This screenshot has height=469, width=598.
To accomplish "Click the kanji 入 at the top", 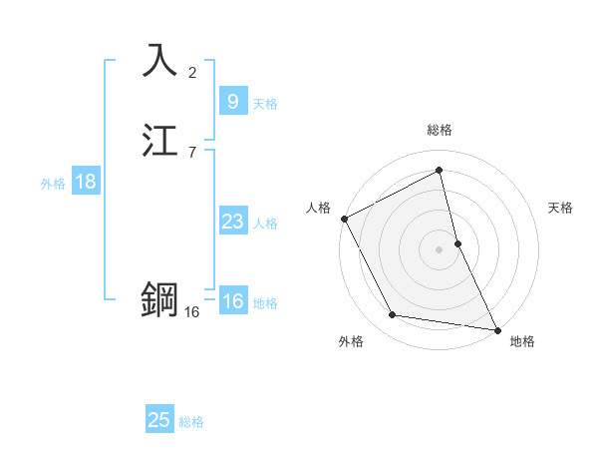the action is (x=159, y=60).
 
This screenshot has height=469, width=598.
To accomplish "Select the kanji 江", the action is (x=159, y=141).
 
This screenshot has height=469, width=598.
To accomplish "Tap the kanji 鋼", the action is (x=159, y=298).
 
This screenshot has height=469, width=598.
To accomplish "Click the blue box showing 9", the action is (x=232, y=101).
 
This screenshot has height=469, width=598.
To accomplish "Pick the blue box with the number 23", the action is (x=232, y=222).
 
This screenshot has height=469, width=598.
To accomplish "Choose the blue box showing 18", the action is (x=85, y=182).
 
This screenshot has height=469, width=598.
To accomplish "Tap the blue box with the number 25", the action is (x=159, y=420).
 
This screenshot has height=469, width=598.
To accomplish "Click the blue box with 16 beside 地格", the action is (x=232, y=302).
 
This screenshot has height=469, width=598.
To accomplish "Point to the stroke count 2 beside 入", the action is (x=192, y=72).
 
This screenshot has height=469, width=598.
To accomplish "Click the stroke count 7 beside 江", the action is (x=192, y=153).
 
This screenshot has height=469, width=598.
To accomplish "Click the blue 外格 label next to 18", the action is (x=52, y=184).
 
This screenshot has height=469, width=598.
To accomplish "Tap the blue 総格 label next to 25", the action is (x=191, y=422).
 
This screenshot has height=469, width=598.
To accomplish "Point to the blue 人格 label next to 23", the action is (x=266, y=224).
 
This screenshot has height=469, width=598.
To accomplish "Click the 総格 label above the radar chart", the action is (x=440, y=130).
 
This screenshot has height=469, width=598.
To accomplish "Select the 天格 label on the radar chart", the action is (x=561, y=208).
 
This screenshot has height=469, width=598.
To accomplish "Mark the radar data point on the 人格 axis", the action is (x=344, y=219).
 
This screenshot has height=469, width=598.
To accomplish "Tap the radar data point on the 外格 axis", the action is (x=393, y=316).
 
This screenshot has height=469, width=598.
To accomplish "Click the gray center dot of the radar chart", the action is (x=440, y=249).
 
